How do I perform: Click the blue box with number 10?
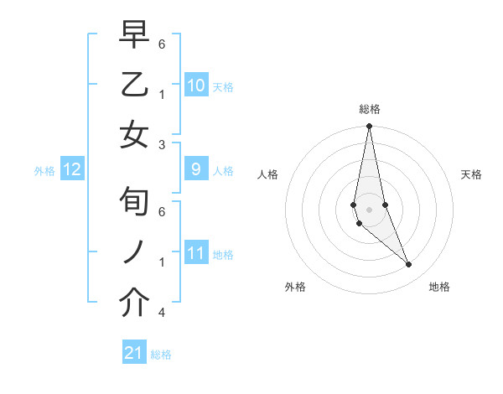pyautogui.click(x=196, y=86)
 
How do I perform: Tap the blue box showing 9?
pyautogui.click(x=196, y=169)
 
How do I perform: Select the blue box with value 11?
pyautogui.click(x=196, y=253)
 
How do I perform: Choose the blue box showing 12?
pyautogui.click(x=72, y=170)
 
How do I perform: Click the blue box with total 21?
pyautogui.click(x=134, y=353)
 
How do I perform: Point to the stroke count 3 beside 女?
pyautogui.click(x=161, y=144)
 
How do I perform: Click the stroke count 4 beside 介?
pyautogui.click(x=161, y=312)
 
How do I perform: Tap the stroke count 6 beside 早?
pyautogui.click(x=161, y=44)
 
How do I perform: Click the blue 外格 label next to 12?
pyautogui.click(x=44, y=171)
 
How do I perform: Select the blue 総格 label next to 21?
pyautogui.click(x=162, y=355)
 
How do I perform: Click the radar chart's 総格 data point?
pyautogui.click(x=369, y=127)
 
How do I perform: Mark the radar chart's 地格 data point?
pyautogui.click(x=409, y=265)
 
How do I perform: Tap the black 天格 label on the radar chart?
pyautogui.click(x=472, y=174)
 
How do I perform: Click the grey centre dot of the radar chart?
pyautogui.click(x=369, y=209)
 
